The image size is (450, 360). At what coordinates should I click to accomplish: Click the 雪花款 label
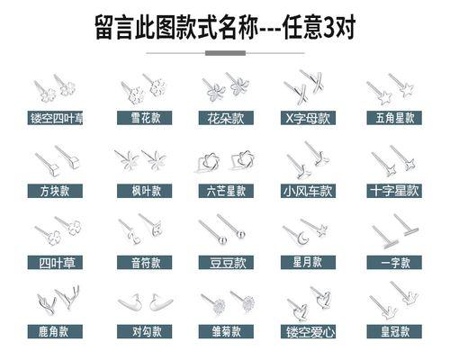tap(144, 118)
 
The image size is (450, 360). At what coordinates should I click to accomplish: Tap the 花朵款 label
tap(226, 118)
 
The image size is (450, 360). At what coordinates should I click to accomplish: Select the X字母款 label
tap(308, 118)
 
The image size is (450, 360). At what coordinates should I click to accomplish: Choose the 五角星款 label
tap(394, 118)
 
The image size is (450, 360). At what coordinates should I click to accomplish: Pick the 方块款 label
tap(55, 191)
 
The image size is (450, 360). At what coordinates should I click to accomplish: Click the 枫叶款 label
tap(144, 191)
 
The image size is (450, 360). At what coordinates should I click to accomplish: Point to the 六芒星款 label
tap(226, 191)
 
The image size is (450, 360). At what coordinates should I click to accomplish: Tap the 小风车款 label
tap(308, 191)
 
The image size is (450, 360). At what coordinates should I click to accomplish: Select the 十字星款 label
tap(394, 191)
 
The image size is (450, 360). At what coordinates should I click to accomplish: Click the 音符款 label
tap(144, 263)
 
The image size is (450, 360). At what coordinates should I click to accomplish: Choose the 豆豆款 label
tap(226, 263)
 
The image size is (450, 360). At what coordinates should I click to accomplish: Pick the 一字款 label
tap(394, 263)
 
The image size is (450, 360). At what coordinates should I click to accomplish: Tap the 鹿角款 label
tap(55, 331)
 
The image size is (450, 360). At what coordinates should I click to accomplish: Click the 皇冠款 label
tap(394, 331)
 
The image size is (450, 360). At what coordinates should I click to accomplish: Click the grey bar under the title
tap(225, 53)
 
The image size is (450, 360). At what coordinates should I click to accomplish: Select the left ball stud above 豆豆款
tap(222, 240)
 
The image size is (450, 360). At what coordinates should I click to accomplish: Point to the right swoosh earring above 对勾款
tap(161, 302)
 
